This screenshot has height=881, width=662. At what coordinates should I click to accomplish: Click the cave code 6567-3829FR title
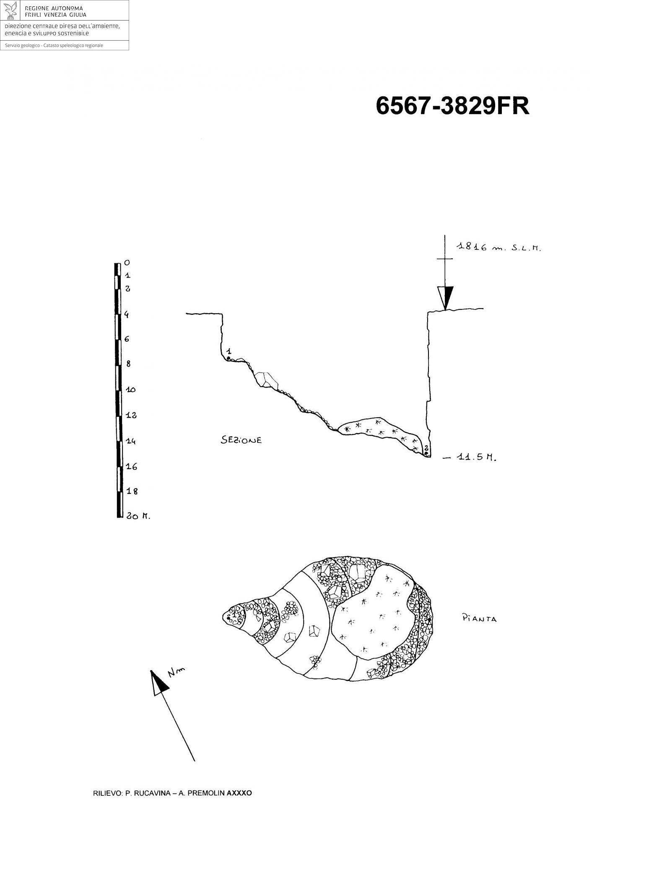(452, 106)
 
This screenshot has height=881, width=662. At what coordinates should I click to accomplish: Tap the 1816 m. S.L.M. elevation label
(498, 248)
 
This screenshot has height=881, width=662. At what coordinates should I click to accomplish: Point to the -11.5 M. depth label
(470, 458)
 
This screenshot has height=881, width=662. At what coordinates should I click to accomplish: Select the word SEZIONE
(241, 440)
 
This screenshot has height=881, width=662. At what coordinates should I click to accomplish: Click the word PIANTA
(479, 618)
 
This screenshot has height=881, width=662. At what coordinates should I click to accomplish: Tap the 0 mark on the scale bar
(127, 263)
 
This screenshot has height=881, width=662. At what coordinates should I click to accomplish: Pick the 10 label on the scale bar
(131, 390)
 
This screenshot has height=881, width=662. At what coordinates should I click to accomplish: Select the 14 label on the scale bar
(131, 441)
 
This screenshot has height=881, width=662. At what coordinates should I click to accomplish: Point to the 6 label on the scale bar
(127, 339)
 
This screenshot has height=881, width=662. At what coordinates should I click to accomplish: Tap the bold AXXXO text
(239, 793)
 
